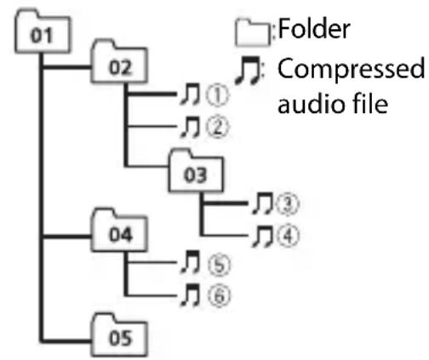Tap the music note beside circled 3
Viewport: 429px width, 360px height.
pyautogui.click(x=263, y=203)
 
